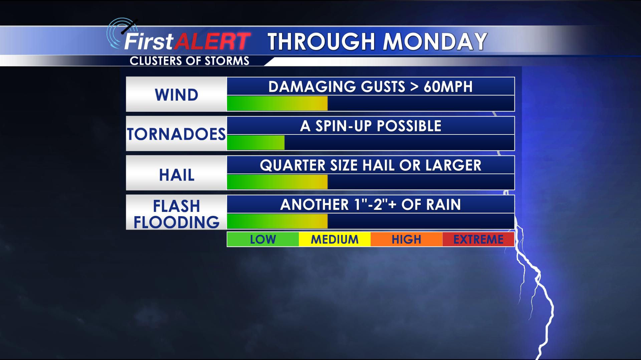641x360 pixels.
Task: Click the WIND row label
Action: [x=176, y=95]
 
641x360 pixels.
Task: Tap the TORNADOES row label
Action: [x=176, y=134]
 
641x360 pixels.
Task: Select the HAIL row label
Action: [x=177, y=175]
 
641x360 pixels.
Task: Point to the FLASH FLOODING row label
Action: [x=177, y=214]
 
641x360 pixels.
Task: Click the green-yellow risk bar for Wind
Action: [x=277, y=103]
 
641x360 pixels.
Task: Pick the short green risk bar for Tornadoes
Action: [x=256, y=142]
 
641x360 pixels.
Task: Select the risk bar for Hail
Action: [x=277, y=182]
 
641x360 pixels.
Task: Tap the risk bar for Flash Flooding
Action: [x=277, y=221]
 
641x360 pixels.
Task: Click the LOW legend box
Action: [x=263, y=239]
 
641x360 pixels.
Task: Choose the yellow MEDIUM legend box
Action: [x=335, y=239]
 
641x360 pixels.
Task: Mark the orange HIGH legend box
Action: [x=406, y=239]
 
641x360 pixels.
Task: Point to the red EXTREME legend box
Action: [x=478, y=239]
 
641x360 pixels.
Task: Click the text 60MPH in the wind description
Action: [x=448, y=87]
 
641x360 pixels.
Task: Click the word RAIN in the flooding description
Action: [x=443, y=205]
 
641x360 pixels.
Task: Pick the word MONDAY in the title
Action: [x=435, y=42]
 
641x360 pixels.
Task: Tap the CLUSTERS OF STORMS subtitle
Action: [x=189, y=61]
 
